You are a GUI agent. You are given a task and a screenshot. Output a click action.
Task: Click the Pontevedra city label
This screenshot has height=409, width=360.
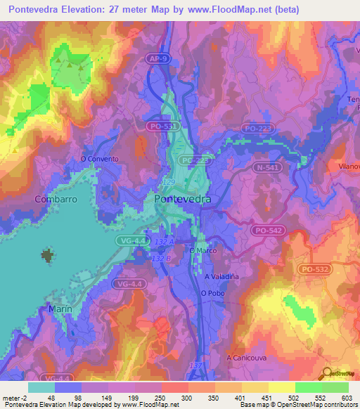pos(182,200)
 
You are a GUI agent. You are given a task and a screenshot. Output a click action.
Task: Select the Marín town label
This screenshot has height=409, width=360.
pos(60,309)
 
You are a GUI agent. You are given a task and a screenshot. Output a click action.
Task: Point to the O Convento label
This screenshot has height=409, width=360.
pos(101,159)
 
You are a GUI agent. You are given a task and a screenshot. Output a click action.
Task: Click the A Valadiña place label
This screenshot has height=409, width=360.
pos(222,276)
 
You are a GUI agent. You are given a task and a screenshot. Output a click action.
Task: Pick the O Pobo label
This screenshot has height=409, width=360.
pos(212,293)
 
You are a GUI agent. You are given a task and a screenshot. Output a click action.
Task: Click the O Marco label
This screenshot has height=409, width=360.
pos(202,250)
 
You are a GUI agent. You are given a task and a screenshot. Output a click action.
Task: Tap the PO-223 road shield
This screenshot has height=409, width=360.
pos(256,128)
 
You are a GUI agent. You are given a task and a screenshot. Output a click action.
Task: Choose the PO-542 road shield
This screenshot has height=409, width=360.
pos(266,230)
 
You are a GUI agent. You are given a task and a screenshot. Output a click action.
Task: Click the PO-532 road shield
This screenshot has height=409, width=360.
pos(314,269)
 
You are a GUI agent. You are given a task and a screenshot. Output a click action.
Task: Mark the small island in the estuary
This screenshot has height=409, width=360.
pos(48,255)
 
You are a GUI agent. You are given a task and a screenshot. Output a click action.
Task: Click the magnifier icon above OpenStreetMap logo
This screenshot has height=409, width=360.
pos(327,375)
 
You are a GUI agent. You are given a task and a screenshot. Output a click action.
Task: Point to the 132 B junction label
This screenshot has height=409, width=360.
pos(162,258)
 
